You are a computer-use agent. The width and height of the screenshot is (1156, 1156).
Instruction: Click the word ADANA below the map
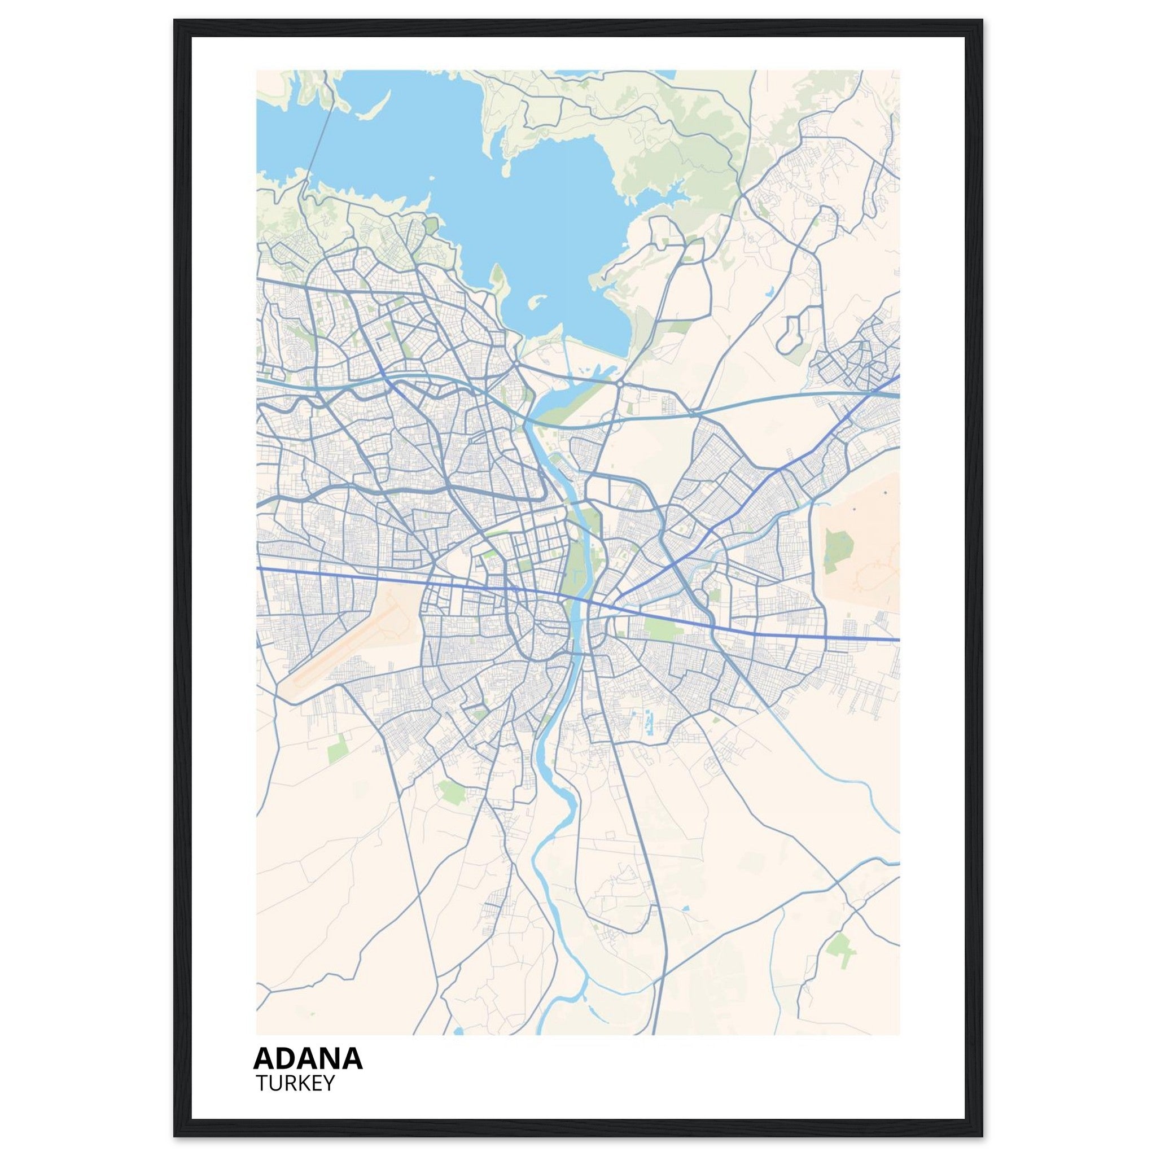[x=308, y=1058]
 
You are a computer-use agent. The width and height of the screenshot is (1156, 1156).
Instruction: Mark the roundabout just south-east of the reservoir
[x=620, y=383]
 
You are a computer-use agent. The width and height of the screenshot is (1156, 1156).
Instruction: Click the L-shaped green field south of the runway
[x=338, y=748]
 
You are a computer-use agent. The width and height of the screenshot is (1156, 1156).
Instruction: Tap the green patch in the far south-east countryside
[x=840, y=945]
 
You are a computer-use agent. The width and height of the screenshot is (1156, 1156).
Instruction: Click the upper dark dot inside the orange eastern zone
[x=884, y=493]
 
